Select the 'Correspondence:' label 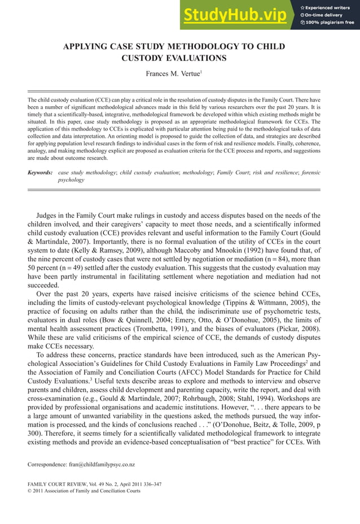pos(47,465)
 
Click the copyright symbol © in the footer pos(30,491)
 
